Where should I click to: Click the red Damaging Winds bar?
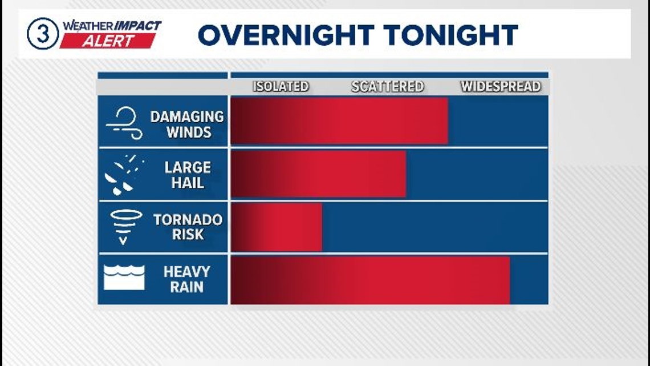click(339, 120)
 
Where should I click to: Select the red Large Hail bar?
click(318, 174)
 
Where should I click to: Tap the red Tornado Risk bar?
click(277, 227)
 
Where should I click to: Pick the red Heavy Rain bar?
click(370, 280)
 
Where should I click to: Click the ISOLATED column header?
click(281, 86)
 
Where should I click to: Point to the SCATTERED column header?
click(388, 86)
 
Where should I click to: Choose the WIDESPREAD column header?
click(501, 86)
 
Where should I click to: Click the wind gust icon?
click(124, 123)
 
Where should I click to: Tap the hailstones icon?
click(124, 175)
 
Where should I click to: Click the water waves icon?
click(124, 277)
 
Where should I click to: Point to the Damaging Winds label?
click(187, 124)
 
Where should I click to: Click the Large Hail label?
click(188, 175)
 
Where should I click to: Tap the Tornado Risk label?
click(188, 227)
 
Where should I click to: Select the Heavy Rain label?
click(187, 279)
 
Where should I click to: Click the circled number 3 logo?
click(43, 34)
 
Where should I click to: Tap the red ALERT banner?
click(108, 41)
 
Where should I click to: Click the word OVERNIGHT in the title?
click(286, 35)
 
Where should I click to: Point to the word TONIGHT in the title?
click(450, 35)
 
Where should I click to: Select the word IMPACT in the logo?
click(137, 26)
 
